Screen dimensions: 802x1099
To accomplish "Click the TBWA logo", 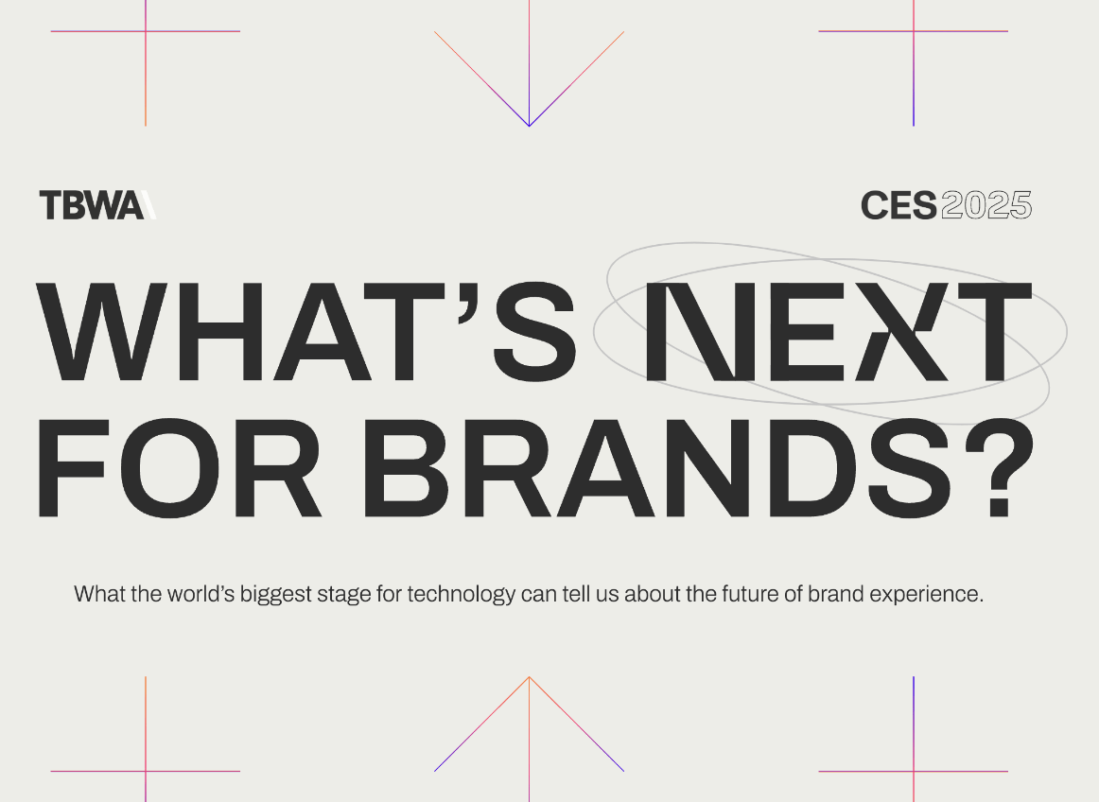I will coord(96,204).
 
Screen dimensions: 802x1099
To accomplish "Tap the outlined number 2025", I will coord(986,205).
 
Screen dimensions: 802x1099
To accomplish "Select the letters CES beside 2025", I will coord(898,205).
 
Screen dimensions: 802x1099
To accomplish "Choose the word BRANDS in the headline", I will coord(662,469).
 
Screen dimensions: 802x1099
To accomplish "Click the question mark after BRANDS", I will coord(1000,469).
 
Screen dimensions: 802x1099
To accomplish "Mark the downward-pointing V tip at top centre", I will coord(529,125).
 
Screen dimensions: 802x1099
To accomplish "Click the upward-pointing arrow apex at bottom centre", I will coord(529,677).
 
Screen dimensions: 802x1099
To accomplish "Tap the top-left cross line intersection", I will coord(146,31).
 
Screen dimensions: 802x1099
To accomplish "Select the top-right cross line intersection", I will coord(914,31).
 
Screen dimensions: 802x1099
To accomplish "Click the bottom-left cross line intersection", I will coord(146,771).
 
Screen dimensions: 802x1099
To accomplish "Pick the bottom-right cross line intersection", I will coord(914,771).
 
